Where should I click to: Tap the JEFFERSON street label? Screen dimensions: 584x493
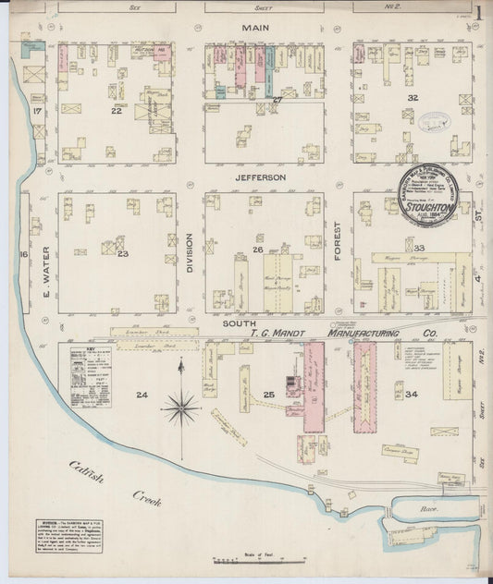click(x=260, y=176)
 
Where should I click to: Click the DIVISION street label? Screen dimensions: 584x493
click(x=189, y=253)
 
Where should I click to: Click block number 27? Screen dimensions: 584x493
click(x=277, y=99)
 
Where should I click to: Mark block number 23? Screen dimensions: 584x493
click(x=122, y=253)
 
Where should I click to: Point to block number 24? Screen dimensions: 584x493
click(x=142, y=395)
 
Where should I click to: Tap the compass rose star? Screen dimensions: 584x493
click(x=182, y=403)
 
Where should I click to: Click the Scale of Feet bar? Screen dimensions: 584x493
click(x=239, y=560)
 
